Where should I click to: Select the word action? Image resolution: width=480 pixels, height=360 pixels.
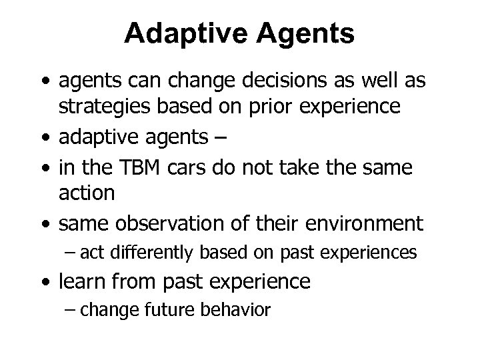coord(87,193)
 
